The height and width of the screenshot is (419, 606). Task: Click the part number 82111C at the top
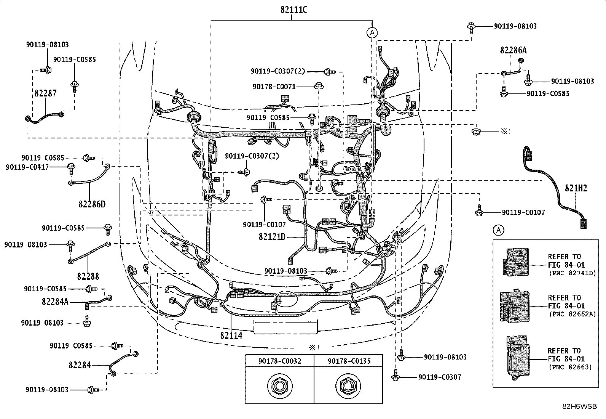tap(294, 10)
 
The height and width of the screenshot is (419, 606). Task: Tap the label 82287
tap(45, 93)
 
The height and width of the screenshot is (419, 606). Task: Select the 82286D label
tap(92, 204)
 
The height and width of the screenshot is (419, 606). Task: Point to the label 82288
tap(88, 276)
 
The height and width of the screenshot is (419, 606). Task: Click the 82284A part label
tap(55, 302)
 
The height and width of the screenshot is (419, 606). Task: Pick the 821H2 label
tap(576, 188)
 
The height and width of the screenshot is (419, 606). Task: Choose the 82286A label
tap(514, 50)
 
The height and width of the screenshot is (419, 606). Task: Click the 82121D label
tap(272, 237)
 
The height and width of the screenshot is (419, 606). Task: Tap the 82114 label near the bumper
tap(231, 336)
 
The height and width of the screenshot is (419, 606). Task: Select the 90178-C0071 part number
tap(274, 87)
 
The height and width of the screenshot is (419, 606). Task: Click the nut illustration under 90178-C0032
tap(280, 386)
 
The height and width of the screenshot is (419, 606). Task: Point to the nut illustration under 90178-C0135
tap(348, 386)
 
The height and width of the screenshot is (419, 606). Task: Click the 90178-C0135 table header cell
tap(348, 361)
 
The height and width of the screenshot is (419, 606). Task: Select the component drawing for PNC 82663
tap(518, 358)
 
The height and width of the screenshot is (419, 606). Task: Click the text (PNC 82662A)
tap(573, 314)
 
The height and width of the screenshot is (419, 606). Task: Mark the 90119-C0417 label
tap(27, 167)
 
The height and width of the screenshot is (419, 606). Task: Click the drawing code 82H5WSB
tap(579, 406)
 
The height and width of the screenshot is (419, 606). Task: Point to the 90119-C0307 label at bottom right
tap(440, 377)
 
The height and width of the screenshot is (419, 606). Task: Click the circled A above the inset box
tap(499, 230)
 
